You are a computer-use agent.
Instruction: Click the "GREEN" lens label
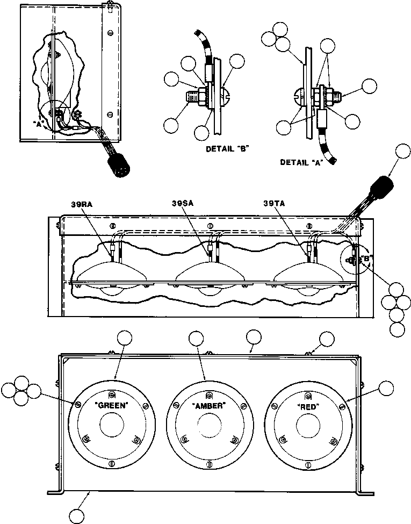click(112, 406)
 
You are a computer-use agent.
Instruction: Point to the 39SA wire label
click(182, 204)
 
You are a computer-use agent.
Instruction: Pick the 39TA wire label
click(275, 204)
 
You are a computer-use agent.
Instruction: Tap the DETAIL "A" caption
click(301, 161)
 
